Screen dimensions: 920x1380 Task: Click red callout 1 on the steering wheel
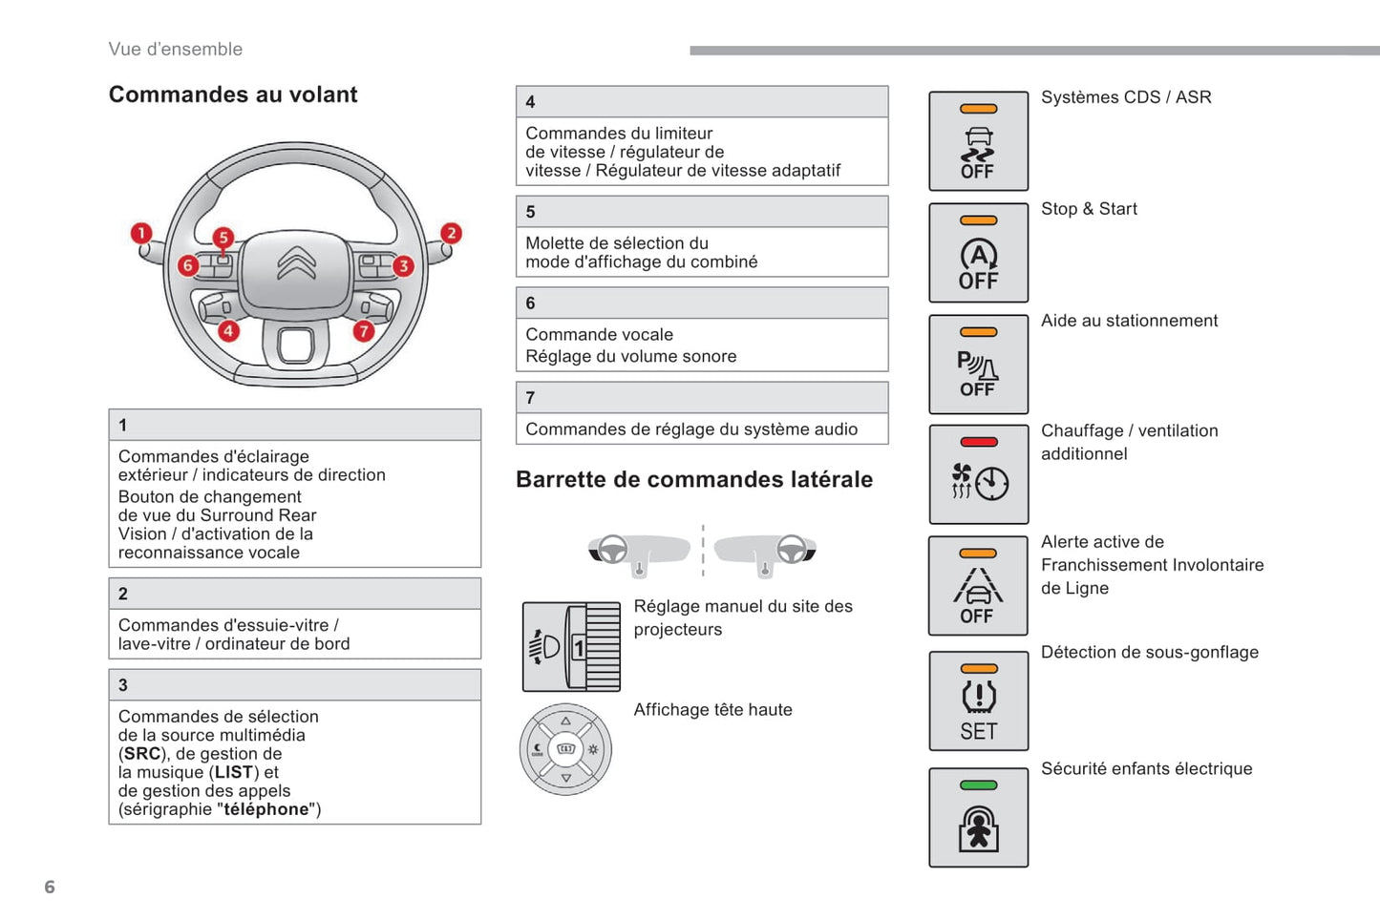click(141, 234)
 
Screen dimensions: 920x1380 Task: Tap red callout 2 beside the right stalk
click(451, 233)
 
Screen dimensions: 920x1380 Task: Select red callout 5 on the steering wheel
click(223, 237)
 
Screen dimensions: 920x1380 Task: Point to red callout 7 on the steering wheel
click(364, 331)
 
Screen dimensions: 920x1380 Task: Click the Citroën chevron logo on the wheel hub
click(296, 263)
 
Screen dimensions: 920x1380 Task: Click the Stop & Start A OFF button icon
click(978, 253)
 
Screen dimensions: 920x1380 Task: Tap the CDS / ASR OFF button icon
click(978, 141)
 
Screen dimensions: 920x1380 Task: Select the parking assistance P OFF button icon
click(978, 365)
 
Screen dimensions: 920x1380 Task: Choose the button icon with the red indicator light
click(978, 474)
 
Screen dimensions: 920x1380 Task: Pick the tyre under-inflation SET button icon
click(978, 700)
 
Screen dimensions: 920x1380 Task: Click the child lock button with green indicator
click(978, 818)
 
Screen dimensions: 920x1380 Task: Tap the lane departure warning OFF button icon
click(978, 586)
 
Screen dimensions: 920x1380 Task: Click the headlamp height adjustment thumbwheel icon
click(571, 647)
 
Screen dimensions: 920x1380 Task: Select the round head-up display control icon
click(565, 749)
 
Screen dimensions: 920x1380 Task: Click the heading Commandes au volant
click(233, 94)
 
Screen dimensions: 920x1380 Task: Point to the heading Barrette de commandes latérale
click(694, 479)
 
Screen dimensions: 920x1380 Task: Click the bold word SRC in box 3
click(142, 754)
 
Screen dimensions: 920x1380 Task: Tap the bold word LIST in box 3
click(234, 772)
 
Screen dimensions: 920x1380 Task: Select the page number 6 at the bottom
click(50, 887)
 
